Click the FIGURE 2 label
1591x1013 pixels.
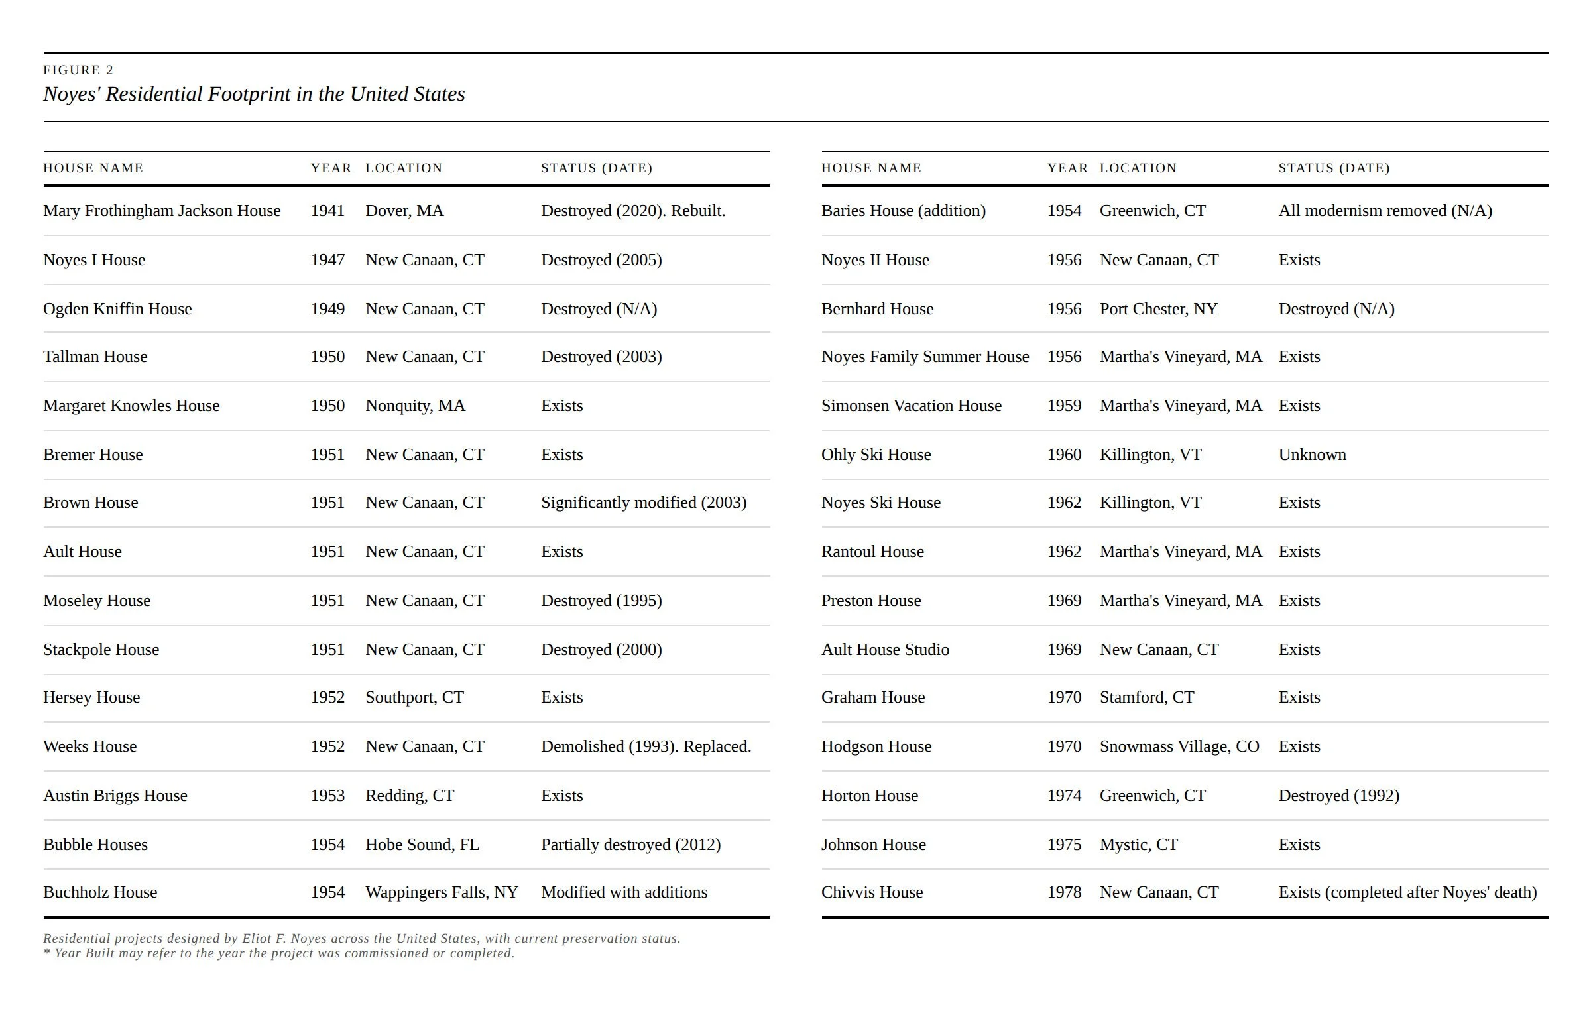click(78, 70)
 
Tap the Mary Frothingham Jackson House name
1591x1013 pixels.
click(162, 211)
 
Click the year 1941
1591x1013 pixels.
click(327, 211)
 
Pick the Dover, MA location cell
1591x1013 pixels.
click(404, 211)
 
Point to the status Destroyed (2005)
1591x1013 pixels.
click(601, 260)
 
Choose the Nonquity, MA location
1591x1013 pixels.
click(415, 406)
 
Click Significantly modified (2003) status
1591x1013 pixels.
click(643, 503)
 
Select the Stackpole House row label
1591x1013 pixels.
click(101, 650)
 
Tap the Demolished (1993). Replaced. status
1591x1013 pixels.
click(646, 746)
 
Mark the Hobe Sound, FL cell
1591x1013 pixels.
click(422, 845)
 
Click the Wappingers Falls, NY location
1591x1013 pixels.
click(442, 892)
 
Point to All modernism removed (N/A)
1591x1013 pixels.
click(1385, 211)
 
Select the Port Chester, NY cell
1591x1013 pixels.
click(1158, 309)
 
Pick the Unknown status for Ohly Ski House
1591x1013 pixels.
click(1312, 455)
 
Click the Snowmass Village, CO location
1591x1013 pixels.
click(1179, 746)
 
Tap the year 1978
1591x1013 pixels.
click(1064, 892)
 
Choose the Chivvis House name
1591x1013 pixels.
click(872, 892)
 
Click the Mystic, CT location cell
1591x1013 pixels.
click(1138, 845)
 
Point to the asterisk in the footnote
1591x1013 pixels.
click(47, 953)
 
